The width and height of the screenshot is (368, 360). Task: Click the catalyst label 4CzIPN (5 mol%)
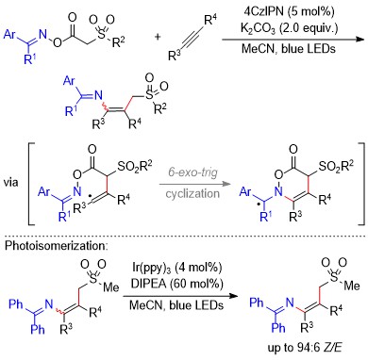point(289,11)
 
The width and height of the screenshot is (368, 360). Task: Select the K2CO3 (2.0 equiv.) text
point(289,28)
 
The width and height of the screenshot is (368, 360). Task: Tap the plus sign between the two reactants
point(158,37)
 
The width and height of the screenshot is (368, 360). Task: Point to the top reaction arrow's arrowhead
point(360,40)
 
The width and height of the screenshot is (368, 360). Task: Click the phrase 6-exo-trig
point(192,172)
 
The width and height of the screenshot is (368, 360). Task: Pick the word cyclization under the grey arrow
point(192,193)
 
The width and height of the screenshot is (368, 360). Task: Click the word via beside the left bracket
point(11,182)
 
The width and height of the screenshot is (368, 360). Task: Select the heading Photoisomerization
point(56,245)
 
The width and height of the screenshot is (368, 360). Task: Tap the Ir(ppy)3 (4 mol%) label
point(176,268)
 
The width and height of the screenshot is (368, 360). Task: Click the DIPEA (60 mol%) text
point(176,284)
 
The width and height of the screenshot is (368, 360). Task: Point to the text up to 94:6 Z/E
point(305,348)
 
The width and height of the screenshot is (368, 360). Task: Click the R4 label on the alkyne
point(210,20)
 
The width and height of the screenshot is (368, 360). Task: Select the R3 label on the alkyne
point(175,56)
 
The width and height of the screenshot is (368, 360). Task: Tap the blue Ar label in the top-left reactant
point(9,34)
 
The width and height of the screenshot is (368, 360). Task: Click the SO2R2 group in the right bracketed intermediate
point(336,166)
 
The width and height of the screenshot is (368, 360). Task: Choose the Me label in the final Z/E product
point(352,286)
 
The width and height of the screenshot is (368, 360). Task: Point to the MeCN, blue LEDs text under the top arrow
point(289,49)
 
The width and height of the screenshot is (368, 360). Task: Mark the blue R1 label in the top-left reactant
point(30,58)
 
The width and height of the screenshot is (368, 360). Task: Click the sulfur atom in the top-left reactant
point(101,35)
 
